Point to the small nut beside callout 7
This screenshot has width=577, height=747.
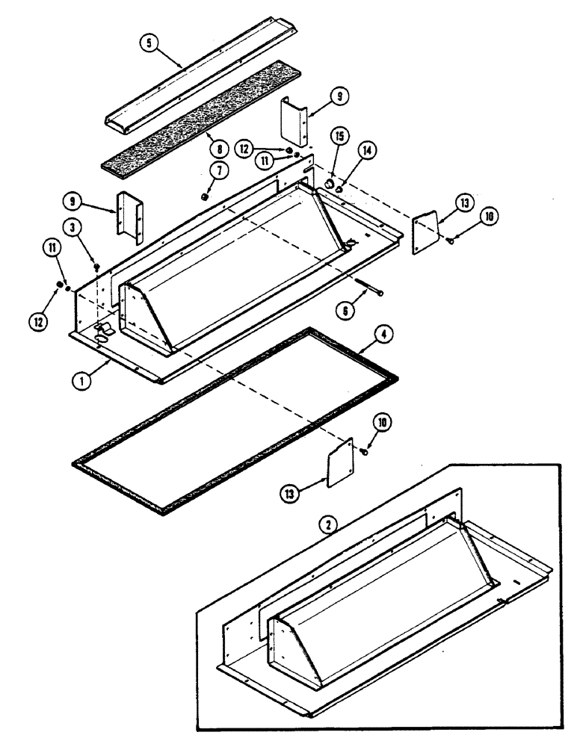(204, 196)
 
